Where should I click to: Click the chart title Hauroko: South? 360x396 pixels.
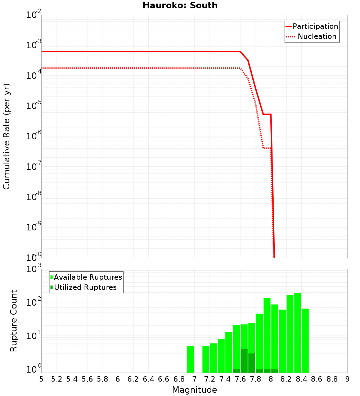tap(180, 5)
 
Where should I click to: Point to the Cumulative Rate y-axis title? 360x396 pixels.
tap(6, 136)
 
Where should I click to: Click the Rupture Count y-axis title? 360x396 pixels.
tap(14, 321)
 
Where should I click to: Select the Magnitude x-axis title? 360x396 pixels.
tap(194, 390)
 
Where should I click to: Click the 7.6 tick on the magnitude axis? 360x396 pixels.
tap(240, 379)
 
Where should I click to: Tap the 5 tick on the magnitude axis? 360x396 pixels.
tap(41, 379)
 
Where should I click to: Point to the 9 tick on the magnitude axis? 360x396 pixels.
tap(347, 379)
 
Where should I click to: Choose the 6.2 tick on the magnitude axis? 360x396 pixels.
tap(133, 379)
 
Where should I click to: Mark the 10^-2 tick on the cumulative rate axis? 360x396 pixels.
tap(34, 15)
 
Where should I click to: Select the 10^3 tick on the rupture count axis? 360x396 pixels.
tap(34, 269)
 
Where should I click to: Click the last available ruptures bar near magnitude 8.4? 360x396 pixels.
tap(305, 340)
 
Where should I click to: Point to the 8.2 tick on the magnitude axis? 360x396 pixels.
tap(286, 379)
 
